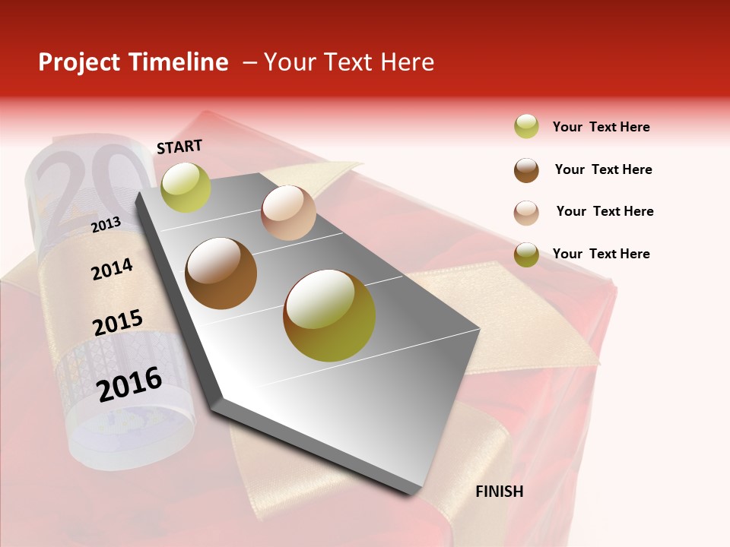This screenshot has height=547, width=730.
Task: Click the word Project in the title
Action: pyautogui.click(x=79, y=62)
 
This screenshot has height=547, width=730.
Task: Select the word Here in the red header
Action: pyautogui.click(x=407, y=62)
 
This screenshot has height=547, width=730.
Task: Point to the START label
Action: pyautogui.click(x=179, y=147)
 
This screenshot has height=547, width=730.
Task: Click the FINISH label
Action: pyautogui.click(x=500, y=492)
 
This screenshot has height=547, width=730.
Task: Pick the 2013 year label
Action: pyautogui.click(x=106, y=224)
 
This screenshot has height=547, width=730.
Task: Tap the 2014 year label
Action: pyautogui.click(x=112, y=270)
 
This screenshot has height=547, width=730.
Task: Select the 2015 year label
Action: pyautogui.click(x=118, y=323)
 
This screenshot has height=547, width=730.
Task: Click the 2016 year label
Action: pyautogui.click(x=129, y=384)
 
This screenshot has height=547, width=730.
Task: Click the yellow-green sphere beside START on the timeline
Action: pyautogui.click(x=186, y=187)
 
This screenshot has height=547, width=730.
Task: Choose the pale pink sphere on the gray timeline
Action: pyautogui.click(x=288, y=213)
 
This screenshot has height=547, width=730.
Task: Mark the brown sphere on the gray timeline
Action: pyautogui.click(x=221, y=273)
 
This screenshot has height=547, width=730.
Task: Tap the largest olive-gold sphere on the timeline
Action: pyautogui.click(x=329, y=315)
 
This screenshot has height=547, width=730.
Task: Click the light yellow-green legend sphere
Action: pyautogui.click(x=526, y=127)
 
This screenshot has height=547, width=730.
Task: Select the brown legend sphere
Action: pyautogui.click(x=526, y=170)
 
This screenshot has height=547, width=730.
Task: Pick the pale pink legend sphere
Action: pyautogui.click(x=526, y=212)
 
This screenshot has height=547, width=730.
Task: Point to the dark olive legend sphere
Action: pyautogui.click(x=526, y=255)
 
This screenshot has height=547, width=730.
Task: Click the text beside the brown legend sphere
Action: pyautogui.click(x=603, y=169)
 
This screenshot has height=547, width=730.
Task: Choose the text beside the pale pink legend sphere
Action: pyautogui.click(x=605, y=211)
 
